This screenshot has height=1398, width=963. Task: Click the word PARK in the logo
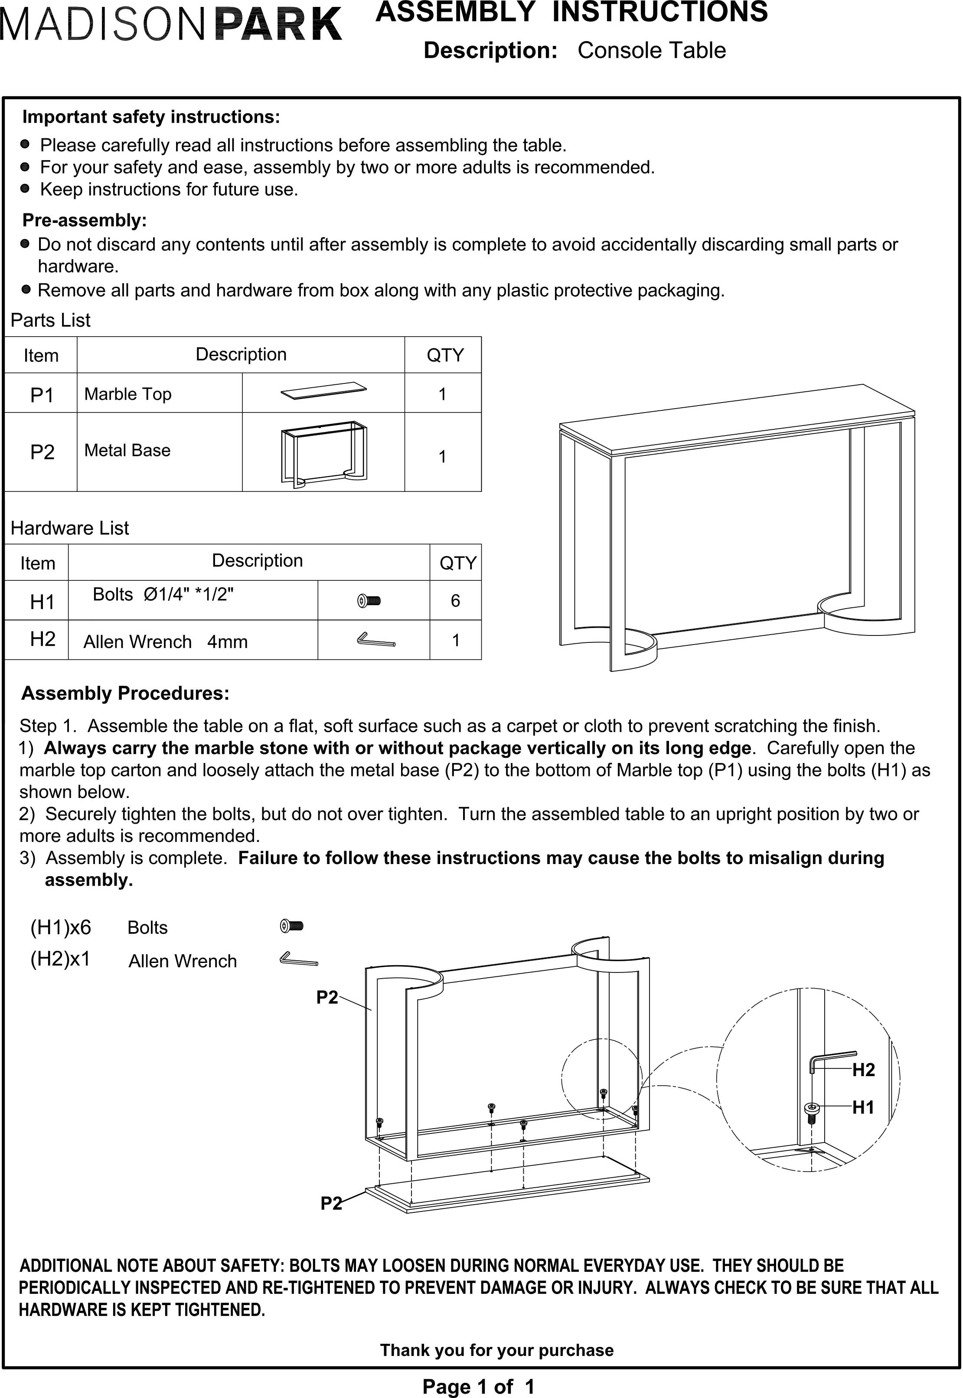279,25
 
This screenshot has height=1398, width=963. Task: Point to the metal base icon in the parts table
324,454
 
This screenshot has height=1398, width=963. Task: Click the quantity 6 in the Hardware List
456,601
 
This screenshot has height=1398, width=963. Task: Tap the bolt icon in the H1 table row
369,601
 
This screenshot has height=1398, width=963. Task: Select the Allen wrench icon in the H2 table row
376,640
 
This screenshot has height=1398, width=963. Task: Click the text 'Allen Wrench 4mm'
165,642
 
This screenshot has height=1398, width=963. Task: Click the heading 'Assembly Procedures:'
125,694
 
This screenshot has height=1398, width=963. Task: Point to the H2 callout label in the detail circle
863,1070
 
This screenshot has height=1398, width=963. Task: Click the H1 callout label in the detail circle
863,1108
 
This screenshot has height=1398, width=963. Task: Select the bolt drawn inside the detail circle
812,1113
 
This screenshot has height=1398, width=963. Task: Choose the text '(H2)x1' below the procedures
60,959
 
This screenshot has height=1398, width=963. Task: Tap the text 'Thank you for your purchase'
496,1350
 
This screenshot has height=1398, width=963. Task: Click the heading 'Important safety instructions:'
151,117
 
